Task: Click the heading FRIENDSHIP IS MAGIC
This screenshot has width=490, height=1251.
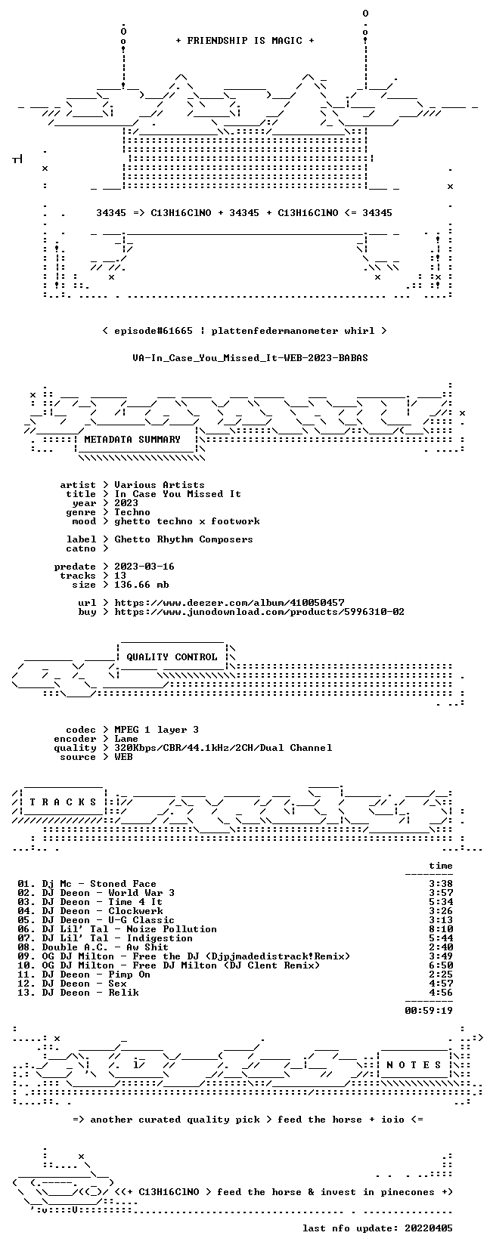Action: [x=245, y=41]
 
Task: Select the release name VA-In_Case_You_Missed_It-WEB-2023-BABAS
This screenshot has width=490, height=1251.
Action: [x=250, y=358]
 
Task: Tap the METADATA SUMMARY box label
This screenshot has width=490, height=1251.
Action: [x=132, y=440]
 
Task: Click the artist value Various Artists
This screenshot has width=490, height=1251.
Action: [x=160, y=485]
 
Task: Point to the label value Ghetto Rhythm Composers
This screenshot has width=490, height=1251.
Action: [x=184, y=539]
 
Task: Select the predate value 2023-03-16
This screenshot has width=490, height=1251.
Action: [x=144, y=567]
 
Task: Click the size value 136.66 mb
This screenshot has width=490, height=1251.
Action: [x=141, y=585]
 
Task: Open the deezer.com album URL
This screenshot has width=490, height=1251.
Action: [x=229, y=603]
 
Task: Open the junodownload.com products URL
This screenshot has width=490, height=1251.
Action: [x=259, y=612]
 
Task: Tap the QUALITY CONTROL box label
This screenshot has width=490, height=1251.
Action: [x=172, y=657]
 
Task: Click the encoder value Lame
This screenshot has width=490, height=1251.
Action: [x=126, y=739]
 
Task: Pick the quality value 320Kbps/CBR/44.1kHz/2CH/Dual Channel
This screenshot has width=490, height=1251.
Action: [x=223, y=748]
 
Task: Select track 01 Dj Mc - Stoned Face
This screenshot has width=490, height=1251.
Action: [x=87, y=884]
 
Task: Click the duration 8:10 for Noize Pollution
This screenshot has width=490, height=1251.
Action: [x=441, y=929]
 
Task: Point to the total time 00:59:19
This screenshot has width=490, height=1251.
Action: [x=429, y=1010]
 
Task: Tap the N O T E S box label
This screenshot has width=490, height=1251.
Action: [x=414, y=1065]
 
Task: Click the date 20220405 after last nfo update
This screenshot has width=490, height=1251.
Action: [x=429, y=1228]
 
